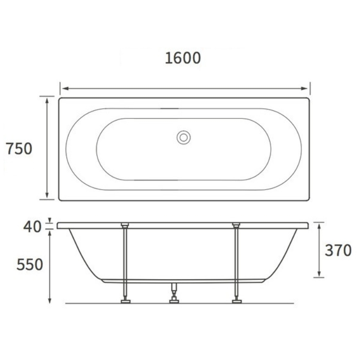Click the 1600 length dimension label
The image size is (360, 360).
tap(183, 58)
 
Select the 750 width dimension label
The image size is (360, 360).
tap(19, 148)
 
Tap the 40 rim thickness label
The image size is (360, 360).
tap(32, 227)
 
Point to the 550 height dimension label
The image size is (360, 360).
tap(30, 264)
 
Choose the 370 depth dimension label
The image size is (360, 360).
tap(338, 250)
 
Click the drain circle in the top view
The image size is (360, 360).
tap(183, 138)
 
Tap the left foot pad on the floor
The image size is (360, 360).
tap(126, 301)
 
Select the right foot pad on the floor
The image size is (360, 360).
tap(237, 301)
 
